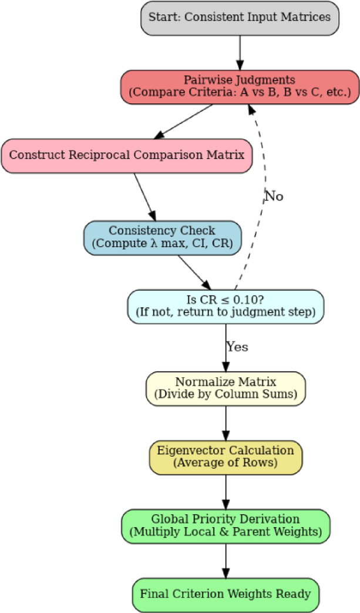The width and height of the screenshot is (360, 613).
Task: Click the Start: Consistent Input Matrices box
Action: pos(240,18)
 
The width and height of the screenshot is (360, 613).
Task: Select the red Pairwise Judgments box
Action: pos(240,86)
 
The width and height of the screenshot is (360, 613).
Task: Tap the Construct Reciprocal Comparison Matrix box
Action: pos(126,156)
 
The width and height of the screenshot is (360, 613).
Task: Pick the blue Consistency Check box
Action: pos(162,238)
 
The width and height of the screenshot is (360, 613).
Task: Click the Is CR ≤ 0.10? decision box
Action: pos(226,306)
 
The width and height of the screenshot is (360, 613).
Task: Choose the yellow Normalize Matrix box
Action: pos(226,388)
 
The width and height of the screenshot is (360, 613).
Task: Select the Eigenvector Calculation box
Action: pos(226,457)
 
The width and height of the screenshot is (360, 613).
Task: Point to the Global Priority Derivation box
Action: pos(226,526)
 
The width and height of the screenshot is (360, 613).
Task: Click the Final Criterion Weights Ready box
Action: pos(226,594)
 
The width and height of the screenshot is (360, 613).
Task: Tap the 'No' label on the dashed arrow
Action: pos(274,196)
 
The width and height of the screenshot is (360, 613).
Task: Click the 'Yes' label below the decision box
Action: pos(237,347)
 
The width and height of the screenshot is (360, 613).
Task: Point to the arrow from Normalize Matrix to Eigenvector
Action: pos(226,423)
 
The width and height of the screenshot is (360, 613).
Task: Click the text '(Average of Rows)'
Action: pos(226,463)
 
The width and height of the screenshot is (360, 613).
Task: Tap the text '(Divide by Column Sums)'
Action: pos(226,395)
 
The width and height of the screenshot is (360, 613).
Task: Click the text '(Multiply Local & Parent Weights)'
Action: pos(226,532)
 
